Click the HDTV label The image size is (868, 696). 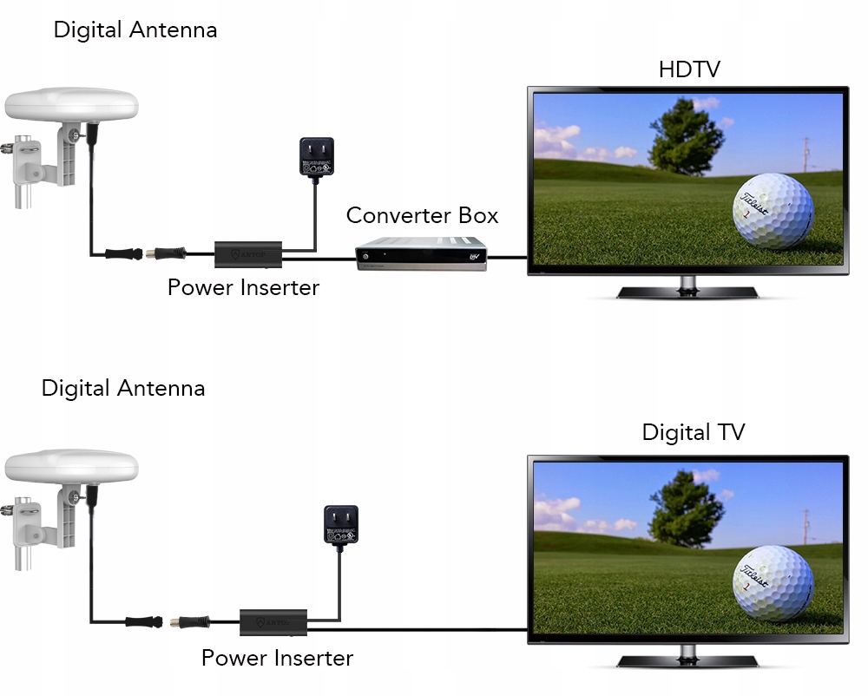tap(689, 69)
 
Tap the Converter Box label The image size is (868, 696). tap(422, 215)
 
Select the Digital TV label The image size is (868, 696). tap(693, 432)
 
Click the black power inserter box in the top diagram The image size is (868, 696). tap(248, 253)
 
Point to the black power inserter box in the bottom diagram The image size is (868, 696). tap(273, 621)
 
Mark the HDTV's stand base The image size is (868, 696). tap(687, 292)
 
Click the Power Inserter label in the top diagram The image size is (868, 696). tap(243, 287)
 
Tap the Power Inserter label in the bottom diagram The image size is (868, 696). tap(277, 658)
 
